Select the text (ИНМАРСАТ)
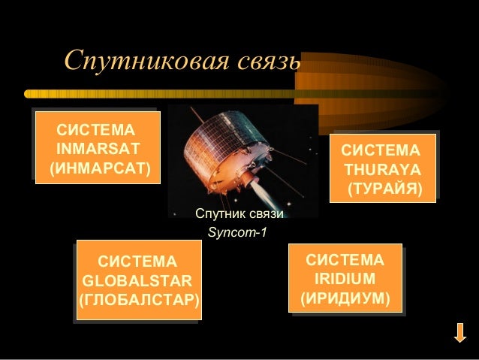coord(100,166)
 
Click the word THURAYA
coord(381,168)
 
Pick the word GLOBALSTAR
coord(137,282)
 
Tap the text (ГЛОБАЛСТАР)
coord(138,301)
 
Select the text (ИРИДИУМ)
coord(345,299)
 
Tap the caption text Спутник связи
coord(239,214)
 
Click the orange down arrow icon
coord(460,333)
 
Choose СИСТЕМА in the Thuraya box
coord(381,150)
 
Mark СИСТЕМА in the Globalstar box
coord(138,262)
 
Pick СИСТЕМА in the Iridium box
coord(345,260)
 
